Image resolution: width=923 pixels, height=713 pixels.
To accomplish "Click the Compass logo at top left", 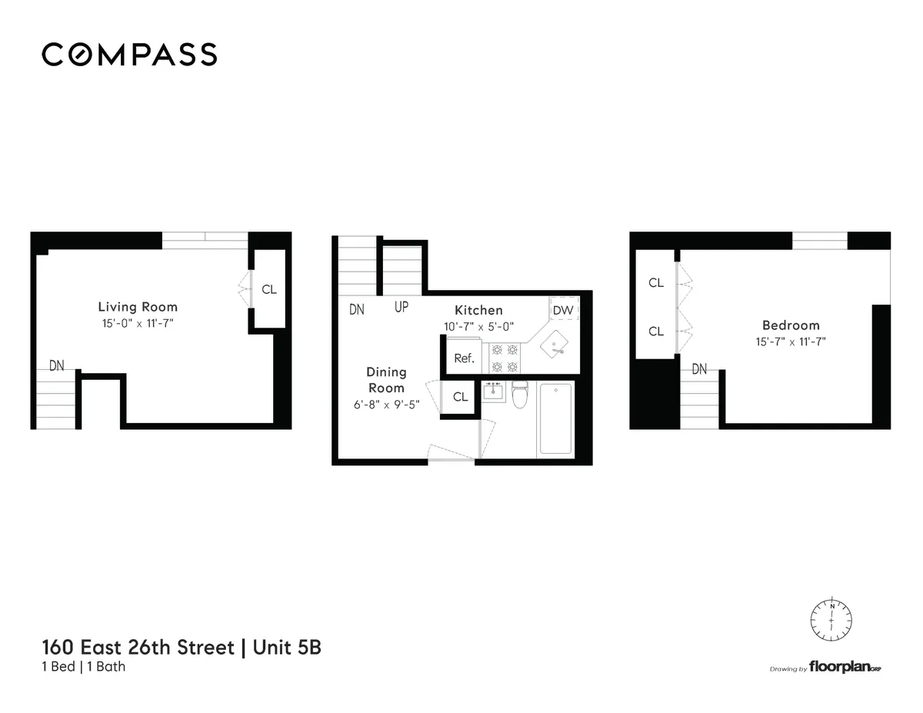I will [x=129, y=55].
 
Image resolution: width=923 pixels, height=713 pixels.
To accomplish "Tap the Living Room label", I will [x=138, y=307].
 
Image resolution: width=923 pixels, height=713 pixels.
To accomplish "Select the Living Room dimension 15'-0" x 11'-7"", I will [x=137, y=323].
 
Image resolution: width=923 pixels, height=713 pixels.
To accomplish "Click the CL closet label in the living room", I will [x=268, y=290].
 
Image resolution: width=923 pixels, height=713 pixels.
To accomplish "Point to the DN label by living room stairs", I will [x=57, y=365].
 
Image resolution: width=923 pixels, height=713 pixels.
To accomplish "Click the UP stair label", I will [x=402, y=308].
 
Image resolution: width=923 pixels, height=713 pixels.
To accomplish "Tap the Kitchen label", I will [x=478, y=310].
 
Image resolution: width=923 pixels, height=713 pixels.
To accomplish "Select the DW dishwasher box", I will [x=563, y=310].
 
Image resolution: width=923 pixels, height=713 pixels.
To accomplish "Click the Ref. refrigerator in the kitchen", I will [x=464, y=358].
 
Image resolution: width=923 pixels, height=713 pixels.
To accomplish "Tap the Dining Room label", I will [x=386, y=380].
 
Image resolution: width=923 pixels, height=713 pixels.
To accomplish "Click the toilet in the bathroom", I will [x=519, y=395].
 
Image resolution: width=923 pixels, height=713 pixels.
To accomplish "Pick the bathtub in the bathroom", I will [x=555, y=420].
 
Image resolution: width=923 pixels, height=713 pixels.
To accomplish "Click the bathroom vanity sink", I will [x=493, y=391].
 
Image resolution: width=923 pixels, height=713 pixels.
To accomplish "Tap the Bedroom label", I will [x=791, y=325].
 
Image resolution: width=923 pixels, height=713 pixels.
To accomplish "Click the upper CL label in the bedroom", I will [x=655, y=282].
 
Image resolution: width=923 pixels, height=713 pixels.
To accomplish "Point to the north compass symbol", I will [x=831, y=616].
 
